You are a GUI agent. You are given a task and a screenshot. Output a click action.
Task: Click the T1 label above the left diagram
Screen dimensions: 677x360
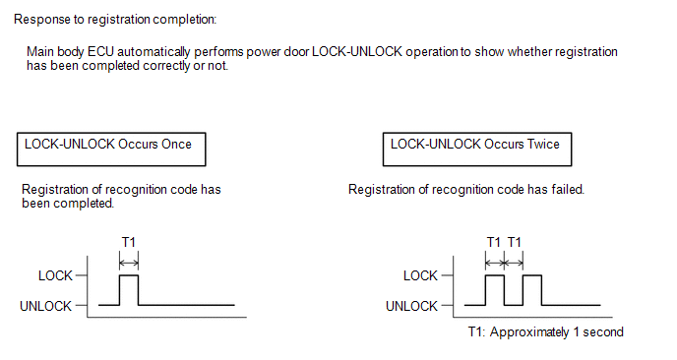pyautogui.click(x=129, y=242)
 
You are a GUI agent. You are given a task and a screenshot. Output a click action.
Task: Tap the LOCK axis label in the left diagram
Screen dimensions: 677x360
pyautogui.click(x=55, y=275)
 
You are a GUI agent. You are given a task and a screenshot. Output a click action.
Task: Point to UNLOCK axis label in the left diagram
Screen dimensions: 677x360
pyautogui.click(x=46, y=306)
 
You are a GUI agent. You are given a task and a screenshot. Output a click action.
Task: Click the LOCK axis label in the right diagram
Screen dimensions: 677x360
pyautogui.click(x=420, y=275)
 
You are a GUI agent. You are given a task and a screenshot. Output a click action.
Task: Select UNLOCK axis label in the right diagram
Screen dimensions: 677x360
pyautogui.click(x=411, y=306)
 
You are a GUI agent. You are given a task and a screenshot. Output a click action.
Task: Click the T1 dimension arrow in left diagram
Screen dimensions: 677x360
pyautogui.click(x=129, y=263)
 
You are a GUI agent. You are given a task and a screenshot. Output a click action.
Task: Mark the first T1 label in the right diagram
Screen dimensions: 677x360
pyautogui.click(x=494, y=242)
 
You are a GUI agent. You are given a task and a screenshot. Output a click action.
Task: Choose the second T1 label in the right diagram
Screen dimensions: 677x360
pyautogui.click(x=515, y=242)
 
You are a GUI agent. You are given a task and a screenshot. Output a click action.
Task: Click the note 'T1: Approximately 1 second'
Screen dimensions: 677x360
pyautogui.click(x=546, y=331)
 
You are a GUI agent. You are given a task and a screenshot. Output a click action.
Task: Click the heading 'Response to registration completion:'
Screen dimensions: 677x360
pyautogui.click(x=115, y=20)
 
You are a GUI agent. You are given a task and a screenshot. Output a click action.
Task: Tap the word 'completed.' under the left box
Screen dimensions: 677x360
pyautogui.click(x=90, y=204)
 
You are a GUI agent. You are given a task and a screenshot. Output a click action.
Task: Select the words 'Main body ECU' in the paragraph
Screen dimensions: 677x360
pyautogui.click(x=70, y=52)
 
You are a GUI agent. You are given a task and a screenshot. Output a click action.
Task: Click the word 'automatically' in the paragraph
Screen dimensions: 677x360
pyautogui.click(x=154, y=52)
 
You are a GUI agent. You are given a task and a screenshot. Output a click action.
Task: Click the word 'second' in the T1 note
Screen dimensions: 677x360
pyautogui.click(x=603, y=331)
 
